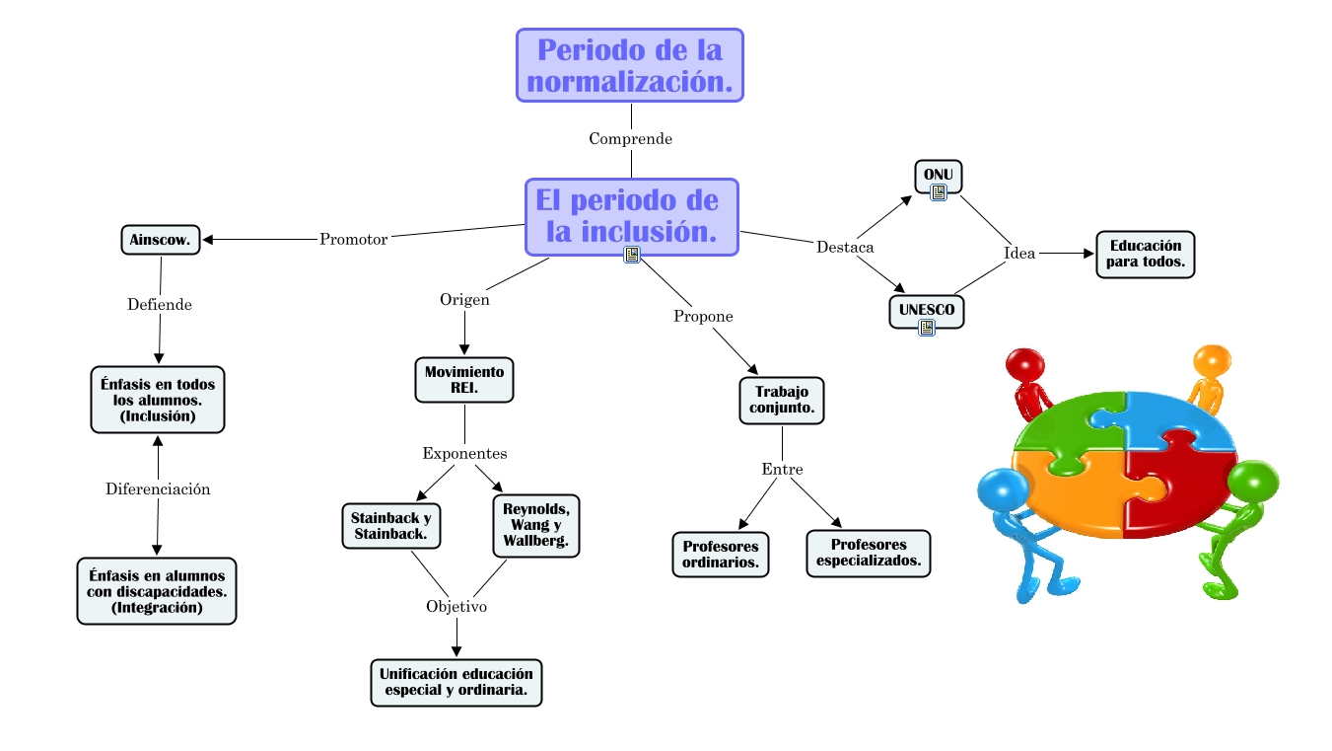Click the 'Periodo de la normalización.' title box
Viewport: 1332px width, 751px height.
tap(630, 65)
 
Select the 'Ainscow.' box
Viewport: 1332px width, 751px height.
tap(161, 240)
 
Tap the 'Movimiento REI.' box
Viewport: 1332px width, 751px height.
tap(464, 380)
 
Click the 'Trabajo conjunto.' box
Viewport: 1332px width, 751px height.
tap(782, 400)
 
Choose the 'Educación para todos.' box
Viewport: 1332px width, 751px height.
tap(1146, 254)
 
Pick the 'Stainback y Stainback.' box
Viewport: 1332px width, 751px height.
tap(391, 526)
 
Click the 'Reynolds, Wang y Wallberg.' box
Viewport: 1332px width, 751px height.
tap(536, 525)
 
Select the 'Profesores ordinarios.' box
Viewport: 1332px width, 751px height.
tap(721, 555)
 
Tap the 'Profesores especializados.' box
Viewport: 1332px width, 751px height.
tap(869, 553)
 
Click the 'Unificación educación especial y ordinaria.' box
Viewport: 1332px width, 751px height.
tap(456, 683)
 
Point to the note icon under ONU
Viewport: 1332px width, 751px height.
tap(939, 192)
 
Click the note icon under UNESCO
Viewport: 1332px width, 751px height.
tap(927, 328)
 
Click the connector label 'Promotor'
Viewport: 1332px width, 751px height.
tap(353, 239)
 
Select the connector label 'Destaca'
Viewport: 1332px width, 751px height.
tap(845, 247)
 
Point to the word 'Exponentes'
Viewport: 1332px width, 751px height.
tap(464, 453)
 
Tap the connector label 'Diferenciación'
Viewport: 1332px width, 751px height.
tap(158, 489)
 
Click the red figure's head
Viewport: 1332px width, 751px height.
tap(1025, 364)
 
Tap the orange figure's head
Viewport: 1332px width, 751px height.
tap(1212, 360)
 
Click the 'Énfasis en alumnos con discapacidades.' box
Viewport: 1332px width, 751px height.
tap(157, 591)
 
